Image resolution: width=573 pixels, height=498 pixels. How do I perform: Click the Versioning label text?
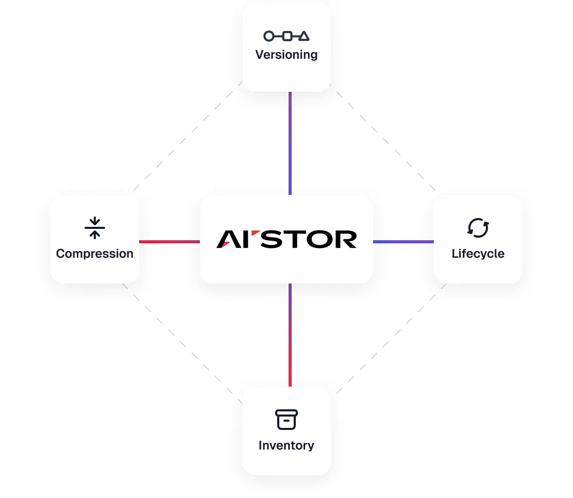pos(286,55)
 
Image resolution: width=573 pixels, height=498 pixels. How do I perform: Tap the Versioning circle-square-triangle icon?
pos(286,36)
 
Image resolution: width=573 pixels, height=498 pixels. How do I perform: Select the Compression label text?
pos(95,254)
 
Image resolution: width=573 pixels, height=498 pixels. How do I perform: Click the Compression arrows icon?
pos(95,228)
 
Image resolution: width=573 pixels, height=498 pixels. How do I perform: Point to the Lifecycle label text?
pos(478,254)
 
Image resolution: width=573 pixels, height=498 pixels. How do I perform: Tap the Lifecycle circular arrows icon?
pos(478,228)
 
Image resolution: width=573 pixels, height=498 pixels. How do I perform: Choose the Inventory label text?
pos(286,445)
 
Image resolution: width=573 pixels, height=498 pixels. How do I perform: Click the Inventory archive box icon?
pos(286,420)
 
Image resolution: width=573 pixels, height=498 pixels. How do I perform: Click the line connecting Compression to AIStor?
pos(170,242)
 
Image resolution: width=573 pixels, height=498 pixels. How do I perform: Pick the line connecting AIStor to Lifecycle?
pos(403,242)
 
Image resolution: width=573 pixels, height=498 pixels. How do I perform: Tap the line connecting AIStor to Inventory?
pos(290,335)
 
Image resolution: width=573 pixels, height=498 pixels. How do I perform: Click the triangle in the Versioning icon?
pos(304,36)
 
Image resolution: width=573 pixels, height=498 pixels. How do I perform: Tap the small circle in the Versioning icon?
pos(268,36)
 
